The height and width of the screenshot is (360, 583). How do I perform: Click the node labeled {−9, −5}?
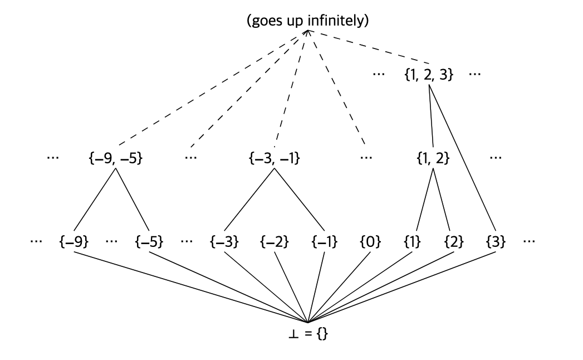(x=116, y=158)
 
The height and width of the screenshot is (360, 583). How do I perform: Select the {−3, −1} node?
(x=273, y=158)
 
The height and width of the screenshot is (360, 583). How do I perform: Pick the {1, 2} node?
(x=433, y=158)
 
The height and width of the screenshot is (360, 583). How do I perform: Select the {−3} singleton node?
(x=224, y=242)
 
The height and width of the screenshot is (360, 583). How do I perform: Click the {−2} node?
(x=275, y=242)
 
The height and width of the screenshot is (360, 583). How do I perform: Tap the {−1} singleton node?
(x=324, y=242)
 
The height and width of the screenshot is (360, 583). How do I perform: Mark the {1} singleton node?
(x=413, y=242)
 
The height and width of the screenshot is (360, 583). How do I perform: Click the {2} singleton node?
(x=454, y=242)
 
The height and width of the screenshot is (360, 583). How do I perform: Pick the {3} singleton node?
(x=495, y=242)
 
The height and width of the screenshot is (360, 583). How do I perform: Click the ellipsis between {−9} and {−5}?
(x=112, y=241)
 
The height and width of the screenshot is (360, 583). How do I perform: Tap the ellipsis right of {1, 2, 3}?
(x=475, y=74)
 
